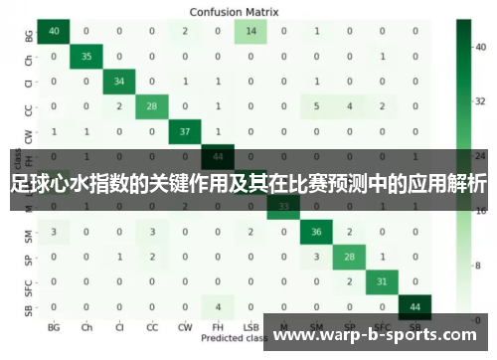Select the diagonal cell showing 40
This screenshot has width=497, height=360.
click(x=53, y=31)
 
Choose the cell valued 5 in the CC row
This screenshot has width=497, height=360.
click(x=317, y=106)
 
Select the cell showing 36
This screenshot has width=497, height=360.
click(x=317, y=232)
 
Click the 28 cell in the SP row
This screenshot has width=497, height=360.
click(x=350, y=257)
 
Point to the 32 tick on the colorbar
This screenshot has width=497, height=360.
click(x=480, y=100)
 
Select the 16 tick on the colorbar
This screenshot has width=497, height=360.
click(x=480, y=211)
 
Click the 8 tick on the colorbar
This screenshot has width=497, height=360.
click(x=478, y=266)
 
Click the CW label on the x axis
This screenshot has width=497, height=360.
click(x=184, y=326)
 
